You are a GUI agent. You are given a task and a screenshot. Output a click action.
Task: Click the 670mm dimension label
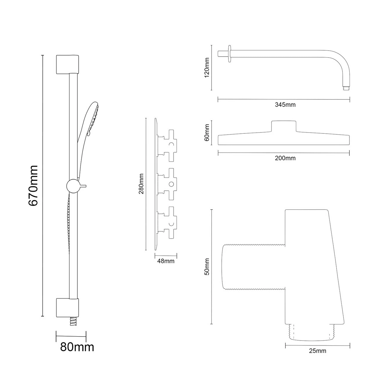click(33, 185)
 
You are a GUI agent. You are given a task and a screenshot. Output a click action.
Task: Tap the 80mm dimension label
click(77, 347)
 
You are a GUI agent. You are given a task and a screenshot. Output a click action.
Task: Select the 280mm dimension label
click(141, 184)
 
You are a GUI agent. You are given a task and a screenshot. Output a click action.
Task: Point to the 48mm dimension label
click(166, 261)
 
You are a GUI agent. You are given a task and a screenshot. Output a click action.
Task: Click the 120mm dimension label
click(207, 67)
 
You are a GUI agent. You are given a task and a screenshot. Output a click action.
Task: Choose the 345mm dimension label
click(285, 105)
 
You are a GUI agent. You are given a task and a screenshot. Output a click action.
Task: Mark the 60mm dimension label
click(207, 133)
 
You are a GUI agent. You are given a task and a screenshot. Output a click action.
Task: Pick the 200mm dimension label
click(285, 158)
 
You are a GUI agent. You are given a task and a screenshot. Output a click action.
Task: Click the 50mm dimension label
click(207, 267)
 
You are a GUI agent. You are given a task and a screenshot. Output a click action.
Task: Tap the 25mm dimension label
click(317, 351)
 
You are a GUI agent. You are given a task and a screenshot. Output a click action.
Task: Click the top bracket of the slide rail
click(67, 64)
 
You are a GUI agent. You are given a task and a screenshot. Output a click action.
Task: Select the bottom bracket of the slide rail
click(67, 307)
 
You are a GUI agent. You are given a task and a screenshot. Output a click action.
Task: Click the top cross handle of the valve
click(170, 144)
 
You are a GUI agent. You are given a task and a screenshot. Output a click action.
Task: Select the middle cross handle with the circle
click(170, 184)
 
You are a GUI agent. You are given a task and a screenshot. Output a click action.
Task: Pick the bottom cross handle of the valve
click(170, 223)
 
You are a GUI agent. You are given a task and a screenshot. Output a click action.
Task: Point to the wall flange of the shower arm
click(230, 54)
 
